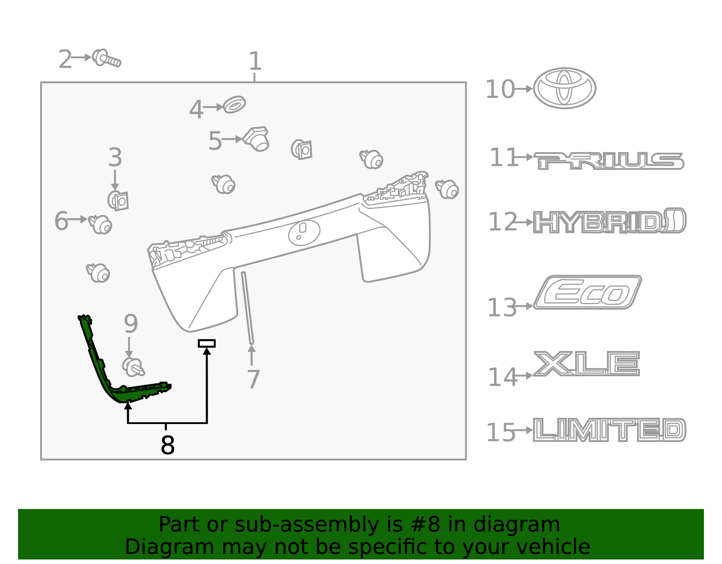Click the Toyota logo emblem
click(x=565, y=89)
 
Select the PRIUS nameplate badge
click(x=609, y=161)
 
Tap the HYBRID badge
click(x=609, y=221)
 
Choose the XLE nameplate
click(x=587, y=364)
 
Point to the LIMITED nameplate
click(x=609, y=429)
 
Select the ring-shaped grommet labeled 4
click(x=235, y=105)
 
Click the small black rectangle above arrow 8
click(x=207, y=343)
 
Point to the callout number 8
click(x=167, y=445)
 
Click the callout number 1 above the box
click(x=255, y=61)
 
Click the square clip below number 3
click(x=118, y=200)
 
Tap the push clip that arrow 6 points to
click(x=101, y=224)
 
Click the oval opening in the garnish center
click(x=304, y=232)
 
